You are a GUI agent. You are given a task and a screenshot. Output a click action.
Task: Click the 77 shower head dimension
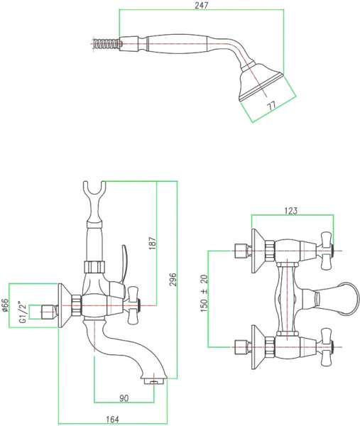pyautogui.click(x=270, y=106)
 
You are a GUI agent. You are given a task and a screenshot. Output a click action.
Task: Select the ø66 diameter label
pyautogui.click(x=5, y=307)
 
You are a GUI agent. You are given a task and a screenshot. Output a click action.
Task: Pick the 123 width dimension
pyautogui.click(x=290, y=210)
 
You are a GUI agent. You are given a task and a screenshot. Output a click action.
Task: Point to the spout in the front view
pyautogui.click(x=334, y=294)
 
